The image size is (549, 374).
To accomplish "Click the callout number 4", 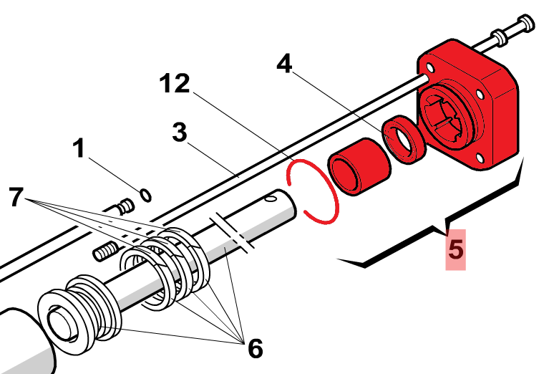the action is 284,64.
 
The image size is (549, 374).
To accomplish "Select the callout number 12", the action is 175,83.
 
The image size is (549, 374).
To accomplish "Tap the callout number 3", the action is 180,132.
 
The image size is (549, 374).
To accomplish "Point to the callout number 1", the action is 79,148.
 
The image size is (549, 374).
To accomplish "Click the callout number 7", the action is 16,196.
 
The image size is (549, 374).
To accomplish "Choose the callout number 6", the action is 256,348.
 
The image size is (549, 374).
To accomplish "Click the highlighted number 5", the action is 456,249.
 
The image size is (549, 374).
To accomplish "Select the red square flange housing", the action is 468,105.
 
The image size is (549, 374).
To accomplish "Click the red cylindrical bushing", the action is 359,166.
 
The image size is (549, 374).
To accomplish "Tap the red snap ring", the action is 313,192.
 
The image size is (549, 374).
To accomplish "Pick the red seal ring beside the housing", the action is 404,139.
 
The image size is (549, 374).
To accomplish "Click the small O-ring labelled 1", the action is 145,195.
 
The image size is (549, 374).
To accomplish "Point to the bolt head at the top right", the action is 526,23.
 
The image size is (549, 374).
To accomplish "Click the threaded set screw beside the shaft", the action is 106,251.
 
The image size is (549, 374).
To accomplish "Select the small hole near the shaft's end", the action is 271,199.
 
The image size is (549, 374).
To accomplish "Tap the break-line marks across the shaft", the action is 232,232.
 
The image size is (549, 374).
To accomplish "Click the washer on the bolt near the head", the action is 500,37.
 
